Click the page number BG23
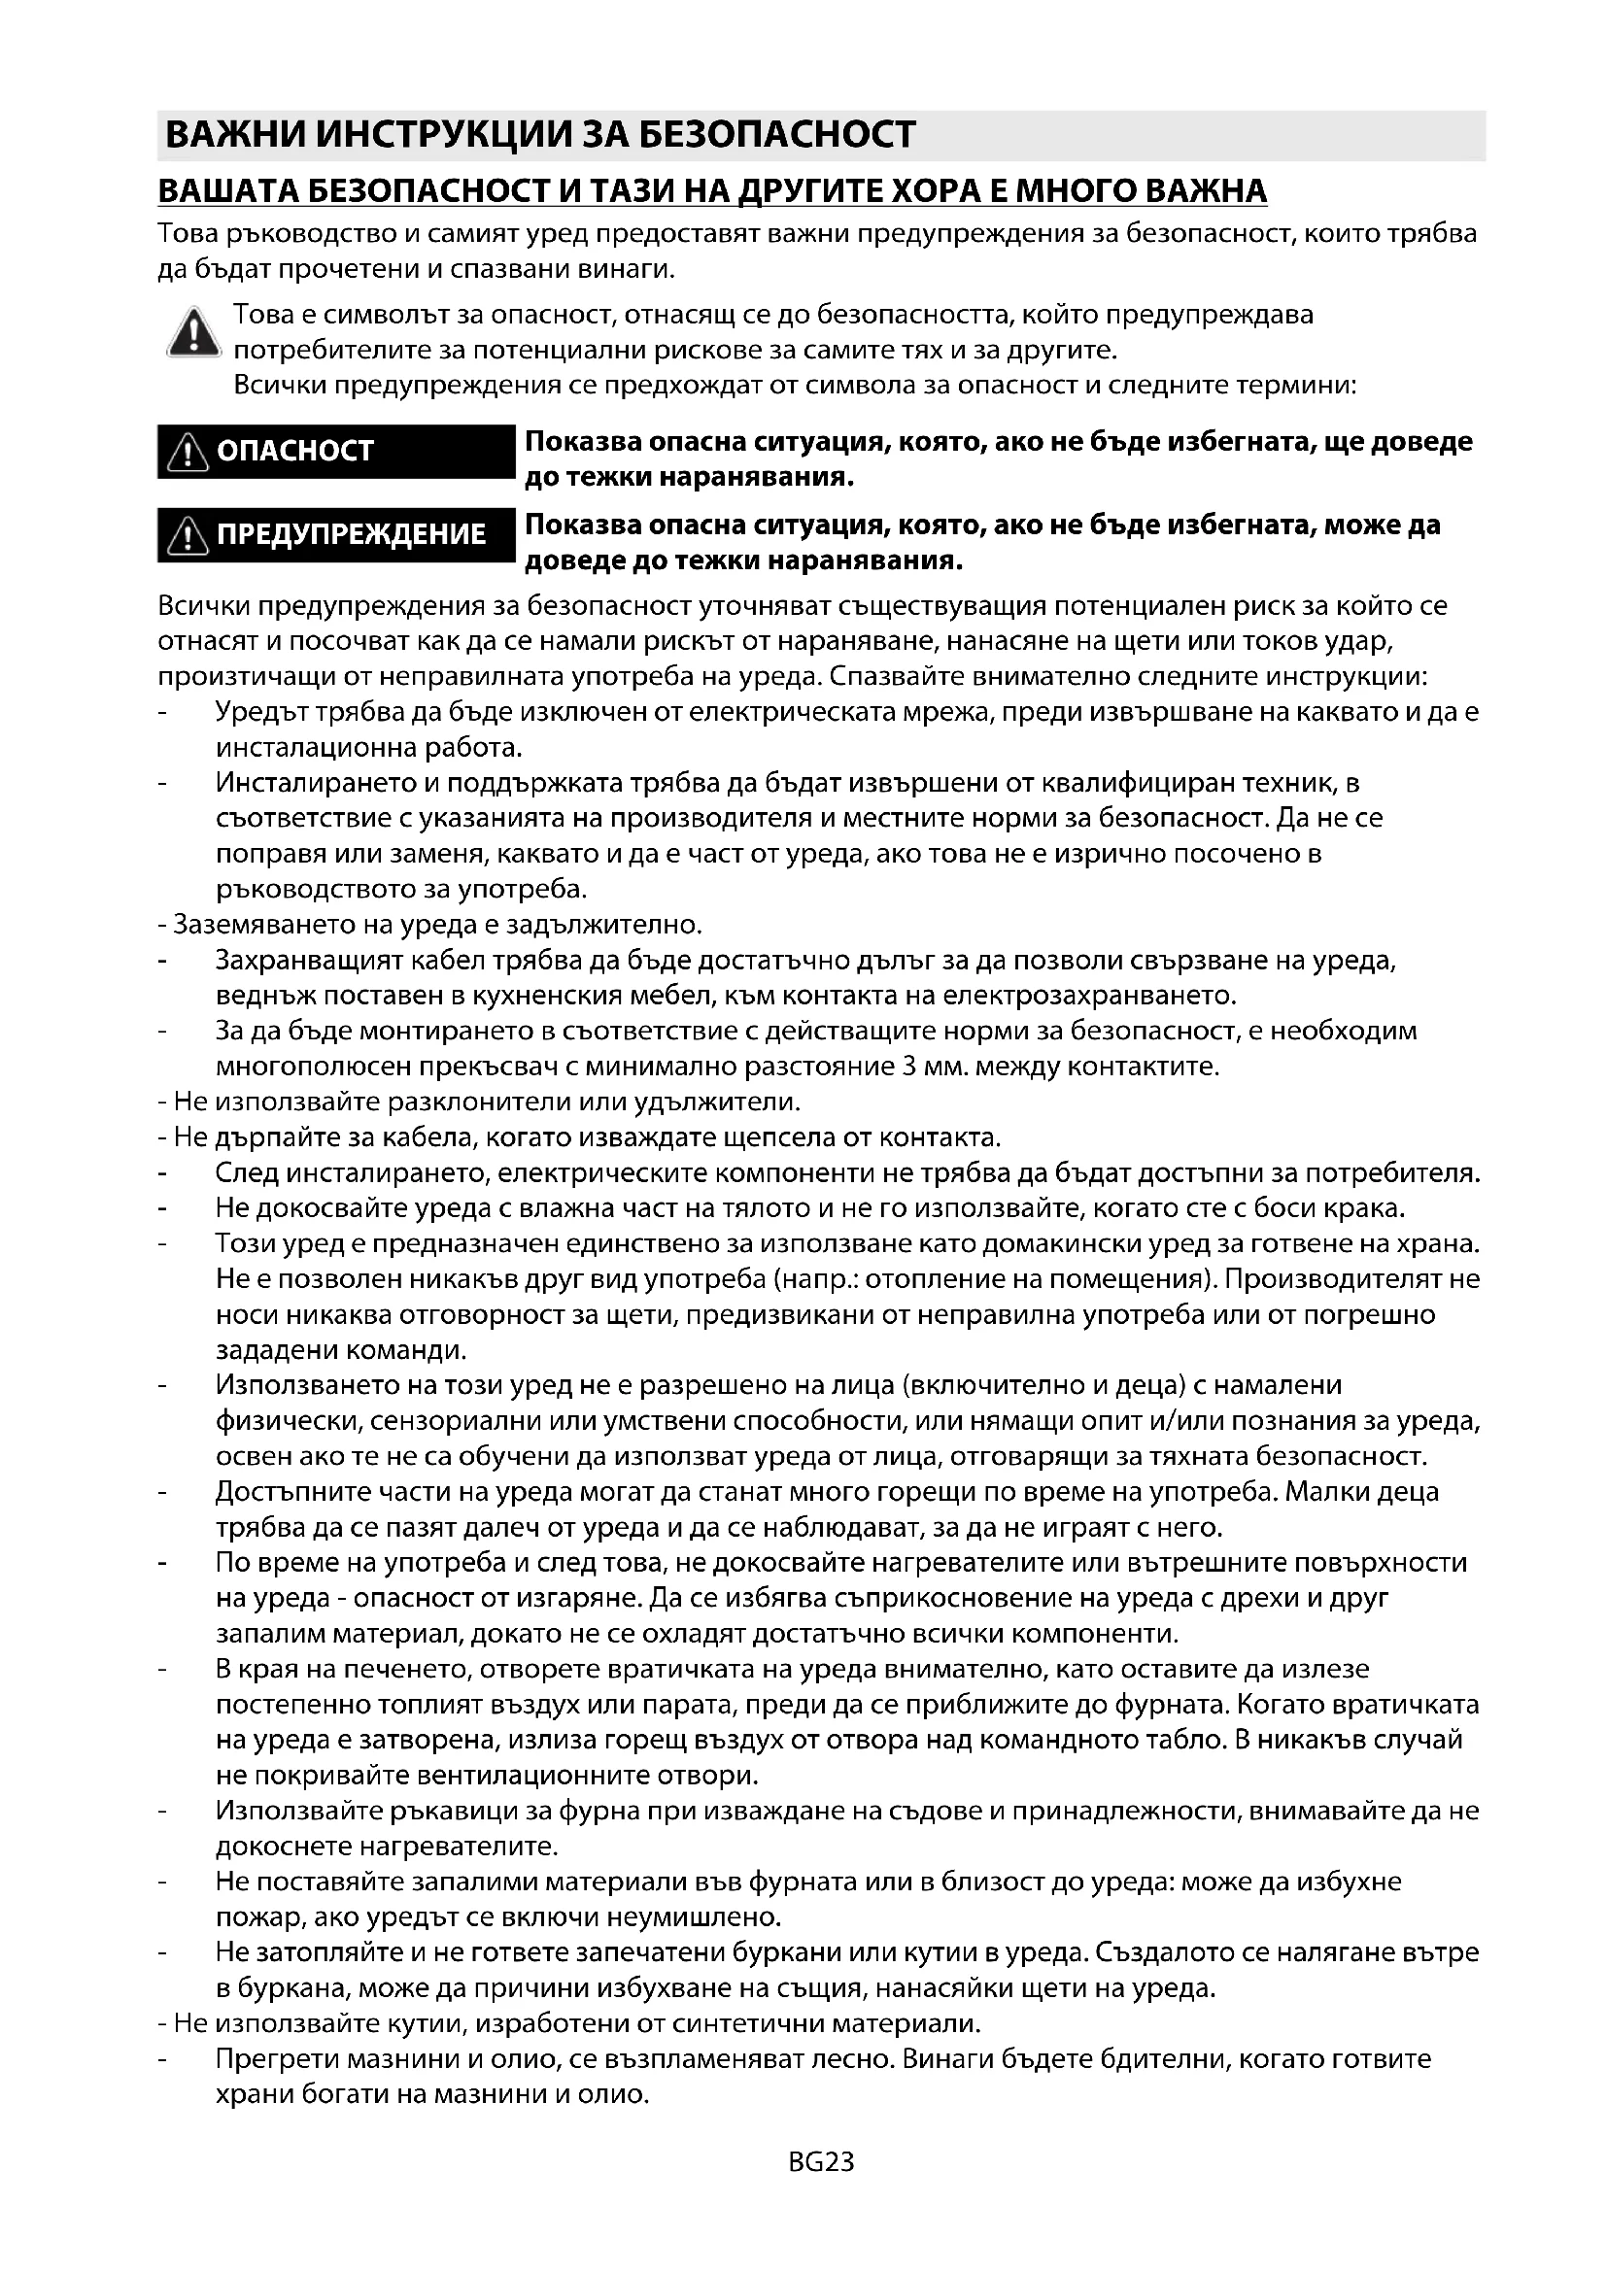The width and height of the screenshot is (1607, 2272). pyautogui.click(x=820, y=2162)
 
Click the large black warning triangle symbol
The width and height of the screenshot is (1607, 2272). pyautogui.click(x=193, y=332)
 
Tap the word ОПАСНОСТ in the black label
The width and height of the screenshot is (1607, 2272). pyautogui.click(x=295, y=452)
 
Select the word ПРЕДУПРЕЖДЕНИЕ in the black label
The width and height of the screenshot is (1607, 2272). pyautogui.click(x=352, y=534)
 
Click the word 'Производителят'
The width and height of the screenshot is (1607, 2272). pyautogui.click(x=1335, y=1279)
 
